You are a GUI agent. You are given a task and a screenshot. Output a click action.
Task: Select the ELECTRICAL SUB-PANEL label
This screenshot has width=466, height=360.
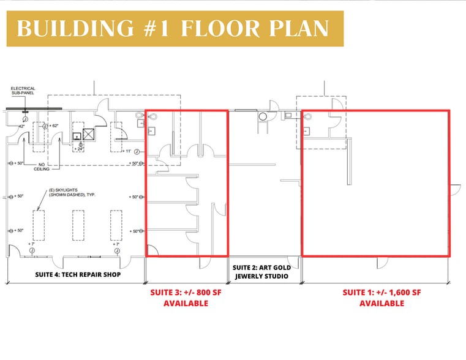click(x=23, y=91)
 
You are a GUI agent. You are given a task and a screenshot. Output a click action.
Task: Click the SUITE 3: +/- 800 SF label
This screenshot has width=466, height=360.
click(x=186, y=293)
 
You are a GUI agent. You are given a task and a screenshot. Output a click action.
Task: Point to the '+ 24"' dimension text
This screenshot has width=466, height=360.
click(x=78, y=148)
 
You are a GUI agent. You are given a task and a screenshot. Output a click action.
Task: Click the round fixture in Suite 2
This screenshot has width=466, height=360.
click(x=265, y=116)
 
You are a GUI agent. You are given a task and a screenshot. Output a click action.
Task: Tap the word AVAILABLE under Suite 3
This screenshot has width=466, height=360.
click(x=186, y=303)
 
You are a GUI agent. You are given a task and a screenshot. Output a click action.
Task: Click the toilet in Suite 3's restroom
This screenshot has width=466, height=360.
click(x=152, y=116)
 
